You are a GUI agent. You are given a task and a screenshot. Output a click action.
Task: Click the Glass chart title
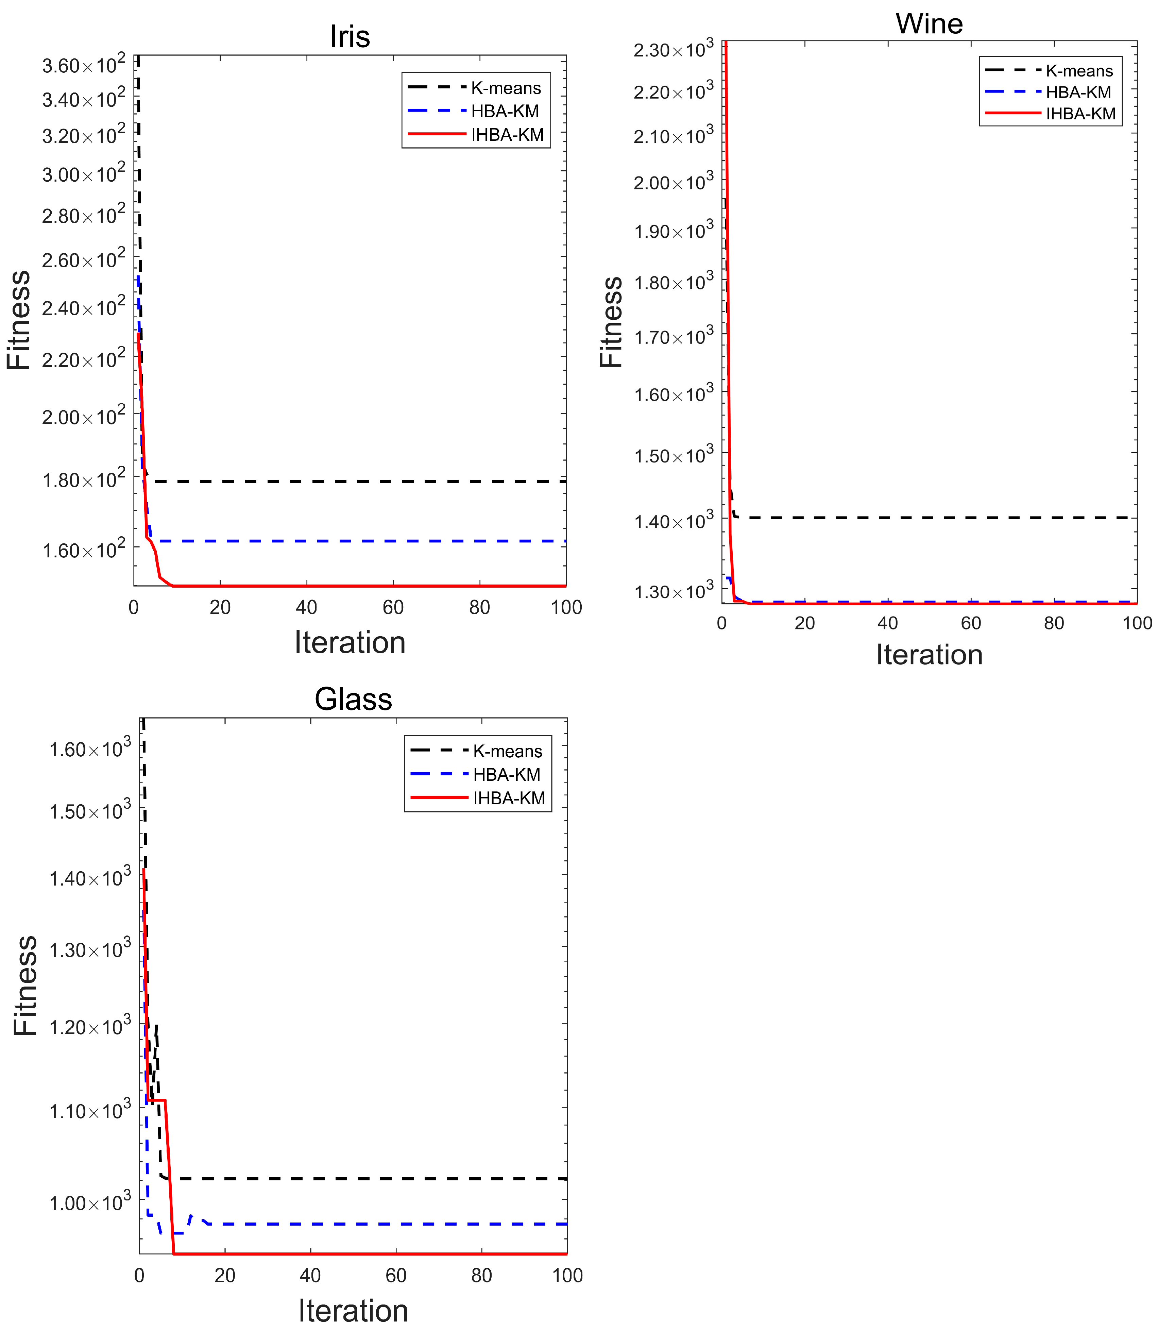point(353,699)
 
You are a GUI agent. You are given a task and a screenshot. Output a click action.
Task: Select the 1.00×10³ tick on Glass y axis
point(89,1203)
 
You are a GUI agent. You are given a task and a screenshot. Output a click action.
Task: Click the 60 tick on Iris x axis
point(393,607)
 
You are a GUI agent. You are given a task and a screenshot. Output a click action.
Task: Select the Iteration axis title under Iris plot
point(350,642)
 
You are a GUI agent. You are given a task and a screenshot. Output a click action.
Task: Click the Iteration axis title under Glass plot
point(353,1311)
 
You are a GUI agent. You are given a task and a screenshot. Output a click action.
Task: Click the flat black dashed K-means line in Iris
point(355,482)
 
